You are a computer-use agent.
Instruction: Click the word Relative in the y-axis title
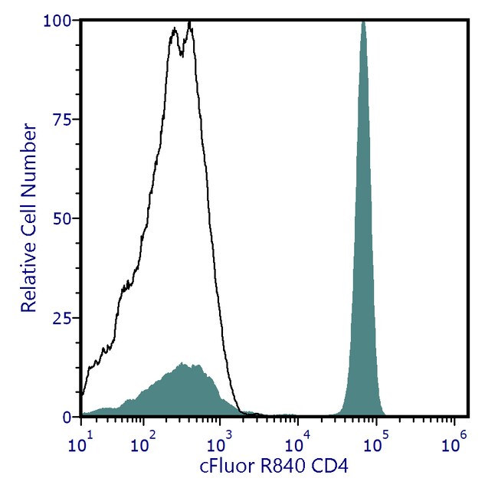tap(29, 280)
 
